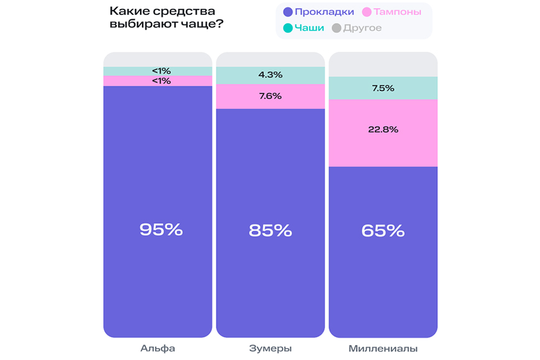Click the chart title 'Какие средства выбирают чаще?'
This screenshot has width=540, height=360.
(x=167, y=17)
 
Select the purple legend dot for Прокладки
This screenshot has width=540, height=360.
(x=287, y=12)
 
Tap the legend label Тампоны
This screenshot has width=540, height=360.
(x=397, y=12)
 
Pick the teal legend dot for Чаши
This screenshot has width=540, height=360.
(x=287, y=28)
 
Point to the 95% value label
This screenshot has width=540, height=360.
(x=161, y=229)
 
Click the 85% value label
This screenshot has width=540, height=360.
(x=270, y=230)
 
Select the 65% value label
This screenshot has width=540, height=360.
(x=383, y=231)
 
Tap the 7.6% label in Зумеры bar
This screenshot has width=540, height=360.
(x=270, y=96)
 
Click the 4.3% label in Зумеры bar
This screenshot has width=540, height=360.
(x=270, y=75)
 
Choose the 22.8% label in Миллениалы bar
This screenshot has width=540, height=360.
(x=383, y=129)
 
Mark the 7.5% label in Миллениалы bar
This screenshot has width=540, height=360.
(x=383, y=88)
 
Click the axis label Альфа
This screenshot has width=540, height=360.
(x=158, y=348)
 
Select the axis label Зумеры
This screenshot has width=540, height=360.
(x=270, y=348)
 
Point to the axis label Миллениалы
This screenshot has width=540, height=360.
(x=383, y=348)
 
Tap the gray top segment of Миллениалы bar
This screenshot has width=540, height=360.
(x=383, y=64)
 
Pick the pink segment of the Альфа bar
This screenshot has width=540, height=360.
(x=124, y=81)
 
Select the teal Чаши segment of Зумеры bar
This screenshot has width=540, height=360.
(x=236, y=75)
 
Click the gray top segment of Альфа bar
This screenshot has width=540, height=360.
(x=158, y=59)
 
